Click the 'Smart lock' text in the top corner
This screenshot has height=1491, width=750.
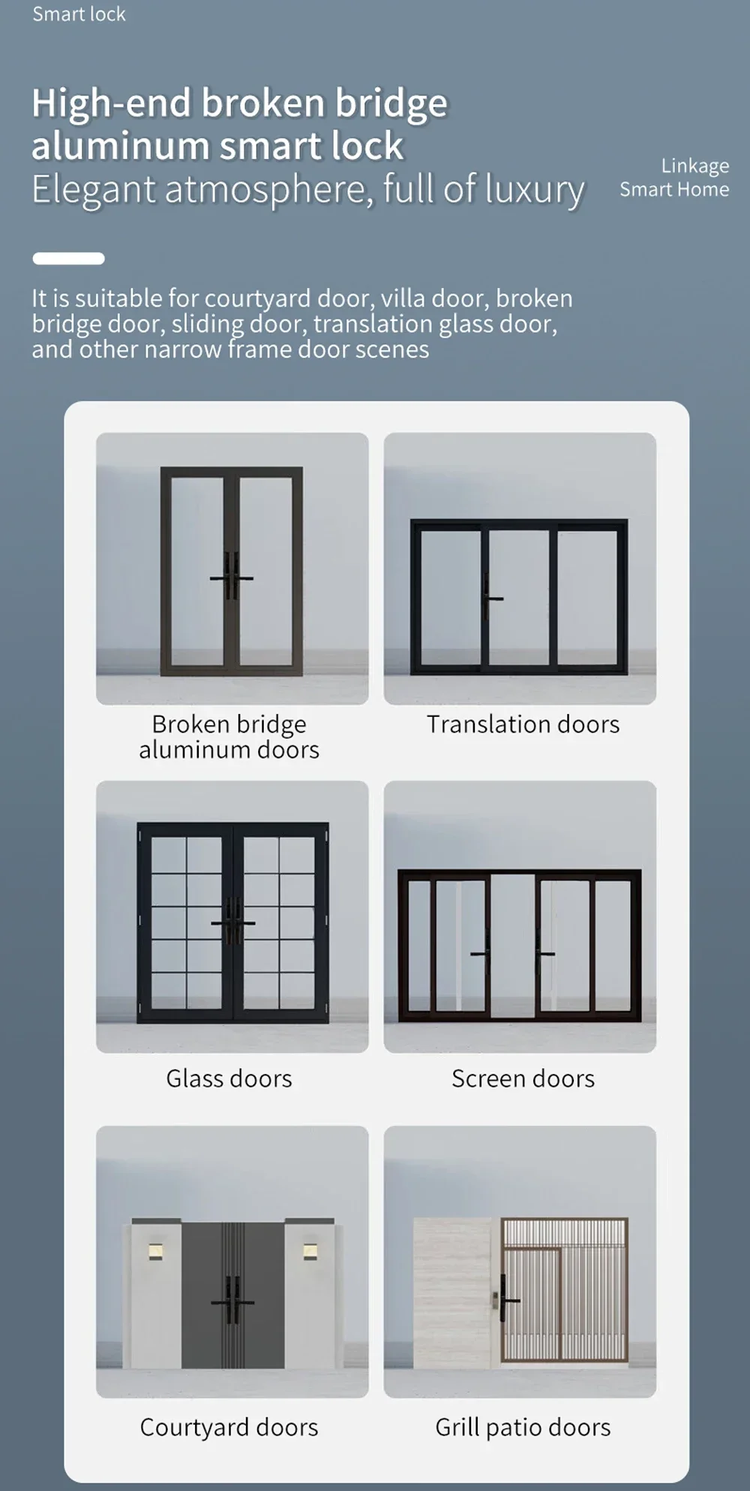(x=79, y=14)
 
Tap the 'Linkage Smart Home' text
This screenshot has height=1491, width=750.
(x=674, y=178)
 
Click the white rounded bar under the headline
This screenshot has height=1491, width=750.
(x=68, y=258)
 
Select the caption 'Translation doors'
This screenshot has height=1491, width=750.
(x=523, y=724)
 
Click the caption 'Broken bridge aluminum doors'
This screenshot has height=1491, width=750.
(x=229, y=736)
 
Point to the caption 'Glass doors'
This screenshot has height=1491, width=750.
(x=229, y=1078)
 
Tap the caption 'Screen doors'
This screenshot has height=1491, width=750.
(x=523, y=1078)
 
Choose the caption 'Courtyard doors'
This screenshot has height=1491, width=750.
(x=229, y=1427)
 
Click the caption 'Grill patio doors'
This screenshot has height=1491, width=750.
(x=523, y=1427)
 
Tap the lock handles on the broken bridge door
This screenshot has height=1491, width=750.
(x=232, y=577)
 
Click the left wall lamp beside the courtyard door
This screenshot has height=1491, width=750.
(x=155, y=1252)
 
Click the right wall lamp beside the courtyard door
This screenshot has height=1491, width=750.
(x=310, y=1252)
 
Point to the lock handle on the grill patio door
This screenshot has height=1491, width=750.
(x=505, y=1298)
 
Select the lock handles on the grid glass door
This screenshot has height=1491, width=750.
(x=233, y=922)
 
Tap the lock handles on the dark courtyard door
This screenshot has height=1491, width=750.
(x=232, y=1301)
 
